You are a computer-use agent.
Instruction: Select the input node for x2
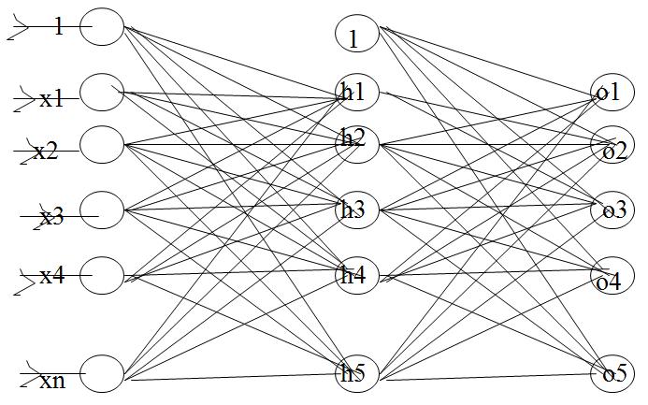[x=102, y=145]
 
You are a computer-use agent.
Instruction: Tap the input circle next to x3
[x=102, y=210]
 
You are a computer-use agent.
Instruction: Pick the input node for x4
[x=102, y=275]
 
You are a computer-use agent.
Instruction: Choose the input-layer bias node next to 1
[x=102, y=27]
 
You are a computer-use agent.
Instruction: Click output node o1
[x=612, y=92]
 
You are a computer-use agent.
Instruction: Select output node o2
[x=612, y=149]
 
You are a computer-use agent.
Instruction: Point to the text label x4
[x=52, y=276]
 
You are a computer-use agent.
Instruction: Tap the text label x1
[x=52, y=98]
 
